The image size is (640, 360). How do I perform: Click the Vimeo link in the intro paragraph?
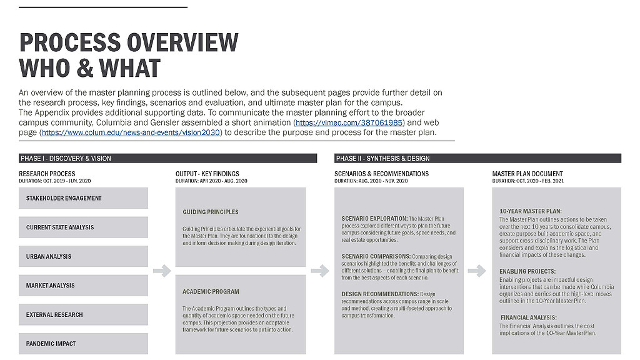click(349, 122)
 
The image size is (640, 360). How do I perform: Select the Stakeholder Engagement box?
click(83, 198)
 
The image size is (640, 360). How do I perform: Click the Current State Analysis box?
click(83, 227)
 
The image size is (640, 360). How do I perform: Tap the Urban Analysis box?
click(83, 256)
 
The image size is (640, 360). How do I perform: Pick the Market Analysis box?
click(83, 286)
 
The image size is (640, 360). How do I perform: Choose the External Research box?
click(83, 314)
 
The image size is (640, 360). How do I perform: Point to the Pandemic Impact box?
click(83, 344)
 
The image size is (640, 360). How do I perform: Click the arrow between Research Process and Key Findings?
click(162, 271)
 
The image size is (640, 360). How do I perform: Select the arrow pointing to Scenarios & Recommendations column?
click(319, 271)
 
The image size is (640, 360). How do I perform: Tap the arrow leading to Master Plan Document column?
click(477, 271)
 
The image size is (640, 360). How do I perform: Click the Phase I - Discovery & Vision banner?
click(167, 158)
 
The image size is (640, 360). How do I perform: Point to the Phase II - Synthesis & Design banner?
click(477, 158)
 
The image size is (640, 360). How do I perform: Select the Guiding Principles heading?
click(211, 212)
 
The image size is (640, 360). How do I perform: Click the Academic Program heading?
click(211, 291)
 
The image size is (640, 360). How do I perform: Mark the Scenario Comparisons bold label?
click(375, 257)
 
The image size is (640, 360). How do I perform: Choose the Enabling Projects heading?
click(527, 272)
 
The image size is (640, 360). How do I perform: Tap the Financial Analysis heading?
click(528, 317)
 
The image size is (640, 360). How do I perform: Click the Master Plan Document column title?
click(527, 174)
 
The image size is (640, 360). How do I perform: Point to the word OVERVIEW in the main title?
click(182, 42)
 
